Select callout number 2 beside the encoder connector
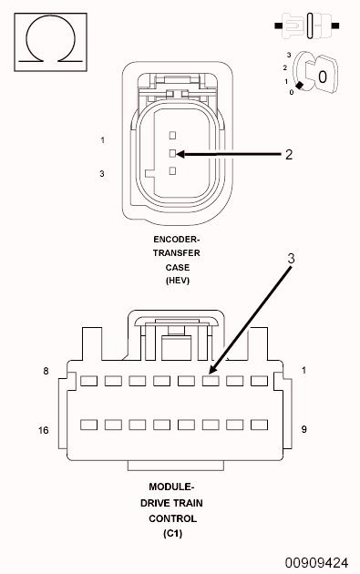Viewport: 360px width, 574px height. point(288,154)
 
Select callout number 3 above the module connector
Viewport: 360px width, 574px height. point(291,258)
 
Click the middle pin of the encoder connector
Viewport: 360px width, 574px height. point(172,153)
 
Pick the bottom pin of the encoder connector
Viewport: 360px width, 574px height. point(172,170)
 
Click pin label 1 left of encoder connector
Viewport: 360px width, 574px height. point(103,140)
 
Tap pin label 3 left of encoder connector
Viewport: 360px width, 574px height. point(103,172)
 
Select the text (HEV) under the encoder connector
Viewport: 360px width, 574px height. point(177,282)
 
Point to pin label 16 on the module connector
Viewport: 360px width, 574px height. point(43,429)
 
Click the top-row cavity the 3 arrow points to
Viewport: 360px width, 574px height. point(211,381)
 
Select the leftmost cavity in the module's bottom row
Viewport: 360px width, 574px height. point(88,425)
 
